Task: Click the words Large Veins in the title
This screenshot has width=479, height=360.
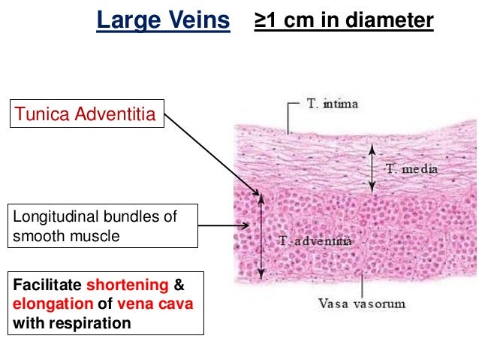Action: pos(163,22)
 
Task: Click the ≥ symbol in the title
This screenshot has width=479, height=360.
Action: pos(259,22)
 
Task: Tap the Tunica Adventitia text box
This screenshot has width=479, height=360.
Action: pos(86,116)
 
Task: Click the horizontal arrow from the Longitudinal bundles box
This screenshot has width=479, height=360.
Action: pos(225,224)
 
